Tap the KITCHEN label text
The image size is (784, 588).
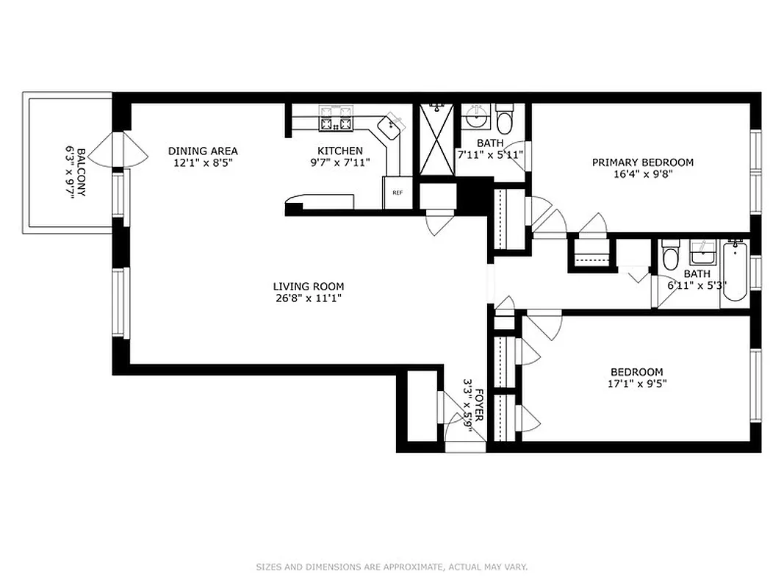(339, 151)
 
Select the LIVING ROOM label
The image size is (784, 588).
(308, 287)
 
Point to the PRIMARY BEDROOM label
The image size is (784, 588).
(642, 162)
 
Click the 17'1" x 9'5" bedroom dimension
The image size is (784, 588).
(636, 383)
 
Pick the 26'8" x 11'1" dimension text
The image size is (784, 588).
(308, 298)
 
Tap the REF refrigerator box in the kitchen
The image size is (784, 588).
(398, 193)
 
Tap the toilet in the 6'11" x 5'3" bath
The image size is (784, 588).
(670, 257)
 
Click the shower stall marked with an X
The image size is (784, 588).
(436, 139)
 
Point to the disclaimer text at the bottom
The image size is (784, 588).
(392, 567)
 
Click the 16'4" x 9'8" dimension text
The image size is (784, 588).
(642, 174)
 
